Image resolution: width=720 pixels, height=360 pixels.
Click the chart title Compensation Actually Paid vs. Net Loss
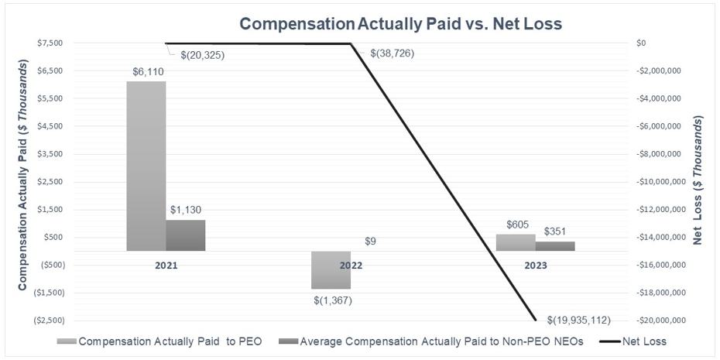click(400, 23)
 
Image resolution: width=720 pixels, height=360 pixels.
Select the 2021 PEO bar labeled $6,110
click(146, 166)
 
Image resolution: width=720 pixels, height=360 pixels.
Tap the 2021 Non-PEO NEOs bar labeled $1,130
click(186, 235)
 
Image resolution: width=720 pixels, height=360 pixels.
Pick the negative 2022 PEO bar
click(331, 269)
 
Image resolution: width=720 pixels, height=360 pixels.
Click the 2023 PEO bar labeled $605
click(516, 242)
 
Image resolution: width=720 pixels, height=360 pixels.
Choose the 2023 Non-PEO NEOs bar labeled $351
click(555, 246)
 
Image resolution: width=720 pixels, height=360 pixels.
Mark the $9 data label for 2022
click(371, 242)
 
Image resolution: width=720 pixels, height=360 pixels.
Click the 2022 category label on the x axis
click(351, 265)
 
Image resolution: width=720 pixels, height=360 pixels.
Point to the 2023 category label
click(536, 265)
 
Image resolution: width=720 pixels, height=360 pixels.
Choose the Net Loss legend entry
click(636, 341)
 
